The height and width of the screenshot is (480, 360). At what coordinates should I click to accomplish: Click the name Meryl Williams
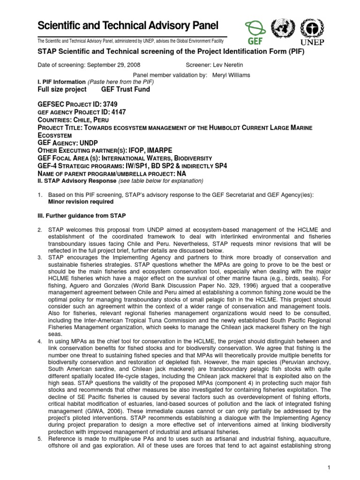(232, 75)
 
